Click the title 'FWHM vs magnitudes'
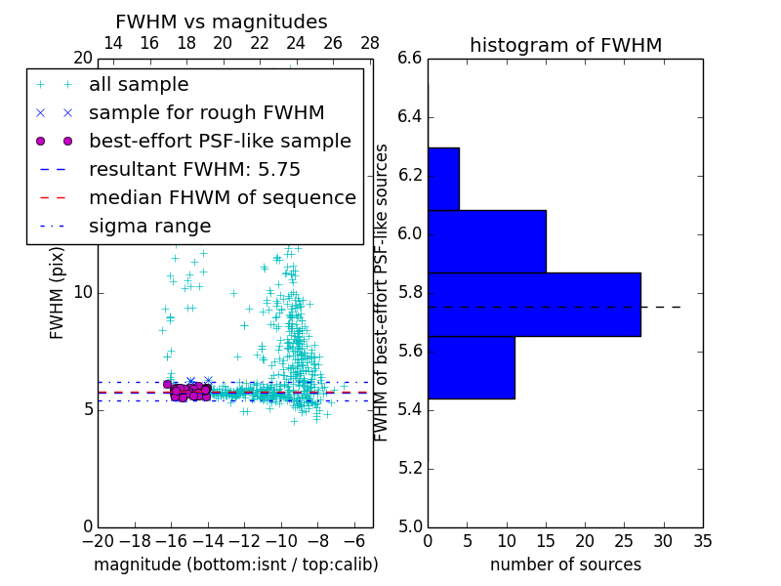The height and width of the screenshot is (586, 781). point(222,22)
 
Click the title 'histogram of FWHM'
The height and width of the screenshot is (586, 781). point(565,46)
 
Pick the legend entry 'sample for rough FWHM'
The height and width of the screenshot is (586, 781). point(206,113)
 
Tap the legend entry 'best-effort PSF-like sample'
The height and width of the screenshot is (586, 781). point(220,142)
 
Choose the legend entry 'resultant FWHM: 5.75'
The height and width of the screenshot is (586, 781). point(194,170)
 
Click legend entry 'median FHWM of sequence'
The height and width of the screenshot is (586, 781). point(222,198)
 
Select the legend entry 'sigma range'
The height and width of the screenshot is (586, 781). point(149,227)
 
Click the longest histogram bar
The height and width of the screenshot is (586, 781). point(534,304)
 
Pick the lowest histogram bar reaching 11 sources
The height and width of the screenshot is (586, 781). point(471,367)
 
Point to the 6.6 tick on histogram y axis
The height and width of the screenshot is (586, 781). point(410,59)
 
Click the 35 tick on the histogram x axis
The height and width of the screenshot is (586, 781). point(703,540)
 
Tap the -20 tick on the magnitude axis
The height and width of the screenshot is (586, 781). point(98,540)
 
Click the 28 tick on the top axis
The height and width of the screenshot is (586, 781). point(370,43)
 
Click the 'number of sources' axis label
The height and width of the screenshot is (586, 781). point(565,565)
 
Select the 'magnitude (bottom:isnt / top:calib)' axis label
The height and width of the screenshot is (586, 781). point(235,565)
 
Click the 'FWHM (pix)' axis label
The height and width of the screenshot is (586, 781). point(58,292)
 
